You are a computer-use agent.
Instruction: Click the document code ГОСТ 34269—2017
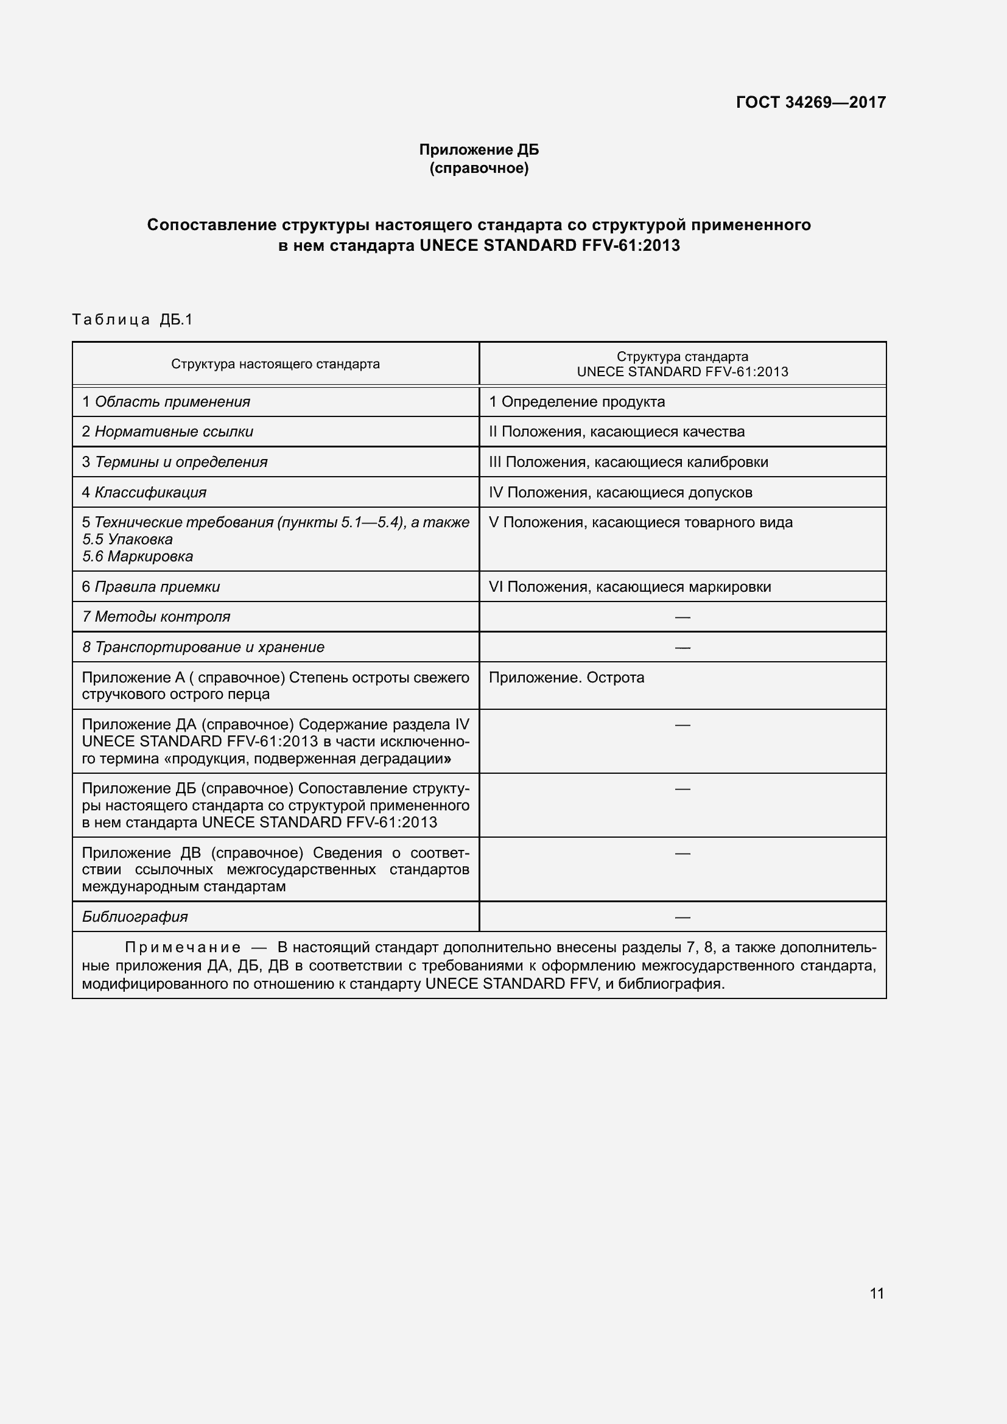(810, 102)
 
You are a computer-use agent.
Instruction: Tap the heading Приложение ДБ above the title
(479, 150)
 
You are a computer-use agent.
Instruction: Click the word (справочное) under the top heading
(479, 168)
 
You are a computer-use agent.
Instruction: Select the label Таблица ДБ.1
(133, 320)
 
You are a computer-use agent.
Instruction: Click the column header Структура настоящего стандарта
(275, 364)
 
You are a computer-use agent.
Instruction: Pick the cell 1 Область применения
(166, 402)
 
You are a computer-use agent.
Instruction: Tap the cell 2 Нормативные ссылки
(167, 432)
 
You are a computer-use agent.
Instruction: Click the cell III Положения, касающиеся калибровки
(628, 462)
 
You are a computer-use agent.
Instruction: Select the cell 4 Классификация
(144, 493)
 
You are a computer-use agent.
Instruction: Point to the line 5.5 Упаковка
(127, 539)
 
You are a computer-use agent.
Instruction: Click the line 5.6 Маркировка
(138, 556)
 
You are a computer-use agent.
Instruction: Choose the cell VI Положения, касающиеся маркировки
(630, 587)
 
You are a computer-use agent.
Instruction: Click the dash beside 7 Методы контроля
(682, 617)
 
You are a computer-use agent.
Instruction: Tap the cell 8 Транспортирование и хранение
(203, 647)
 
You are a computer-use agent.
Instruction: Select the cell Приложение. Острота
(566, 677)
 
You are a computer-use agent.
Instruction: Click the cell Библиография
(135, 917)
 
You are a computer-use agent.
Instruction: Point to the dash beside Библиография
(682, 917)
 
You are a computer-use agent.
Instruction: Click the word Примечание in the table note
(182, 947)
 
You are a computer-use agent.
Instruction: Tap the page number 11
(876, 1293)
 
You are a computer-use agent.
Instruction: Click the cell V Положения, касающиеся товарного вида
(640, 522)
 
